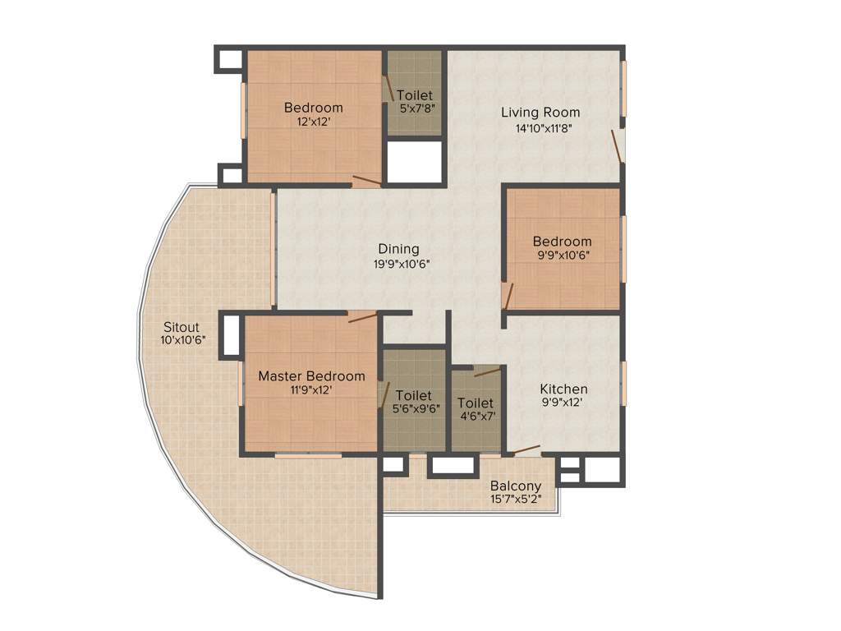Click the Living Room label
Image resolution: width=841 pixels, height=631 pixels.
[x=540, y=113]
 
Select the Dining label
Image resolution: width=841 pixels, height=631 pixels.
[x=398, y=249]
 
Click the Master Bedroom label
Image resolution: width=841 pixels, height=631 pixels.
[x=311, y=376]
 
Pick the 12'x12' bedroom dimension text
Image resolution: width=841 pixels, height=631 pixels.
[x=313, y=122]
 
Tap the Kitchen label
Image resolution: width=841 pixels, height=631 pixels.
[x=563, y=389]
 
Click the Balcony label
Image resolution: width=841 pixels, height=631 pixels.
[x=516, y=486]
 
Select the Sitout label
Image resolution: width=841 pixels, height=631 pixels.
[x=181, y=327]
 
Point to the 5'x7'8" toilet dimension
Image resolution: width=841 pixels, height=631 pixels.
[x=415, y=108]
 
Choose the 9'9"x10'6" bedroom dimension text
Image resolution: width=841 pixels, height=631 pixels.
[x=562, y=255]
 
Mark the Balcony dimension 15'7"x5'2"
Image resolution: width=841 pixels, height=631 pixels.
[x=516, y=499]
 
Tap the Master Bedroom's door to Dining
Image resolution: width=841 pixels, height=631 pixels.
[x=362, y=317]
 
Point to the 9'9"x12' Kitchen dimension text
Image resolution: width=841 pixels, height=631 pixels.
[x=563, y=403]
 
